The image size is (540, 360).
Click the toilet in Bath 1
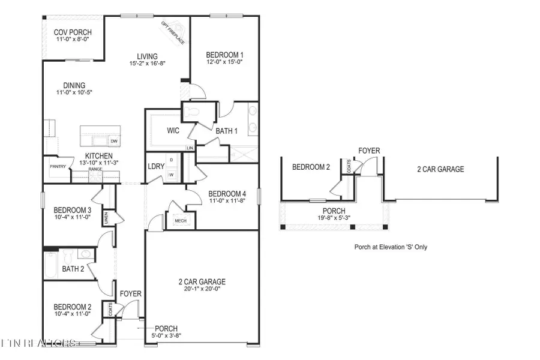click(193, 112)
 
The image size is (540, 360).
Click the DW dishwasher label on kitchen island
click(113, 142)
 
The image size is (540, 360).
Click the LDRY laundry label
click(156, 167)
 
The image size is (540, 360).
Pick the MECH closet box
click(179, 221)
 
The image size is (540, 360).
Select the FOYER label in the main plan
click(130, 294)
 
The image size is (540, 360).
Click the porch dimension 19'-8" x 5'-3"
click(334, 219)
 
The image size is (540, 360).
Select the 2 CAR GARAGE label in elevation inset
click(440, 169)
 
